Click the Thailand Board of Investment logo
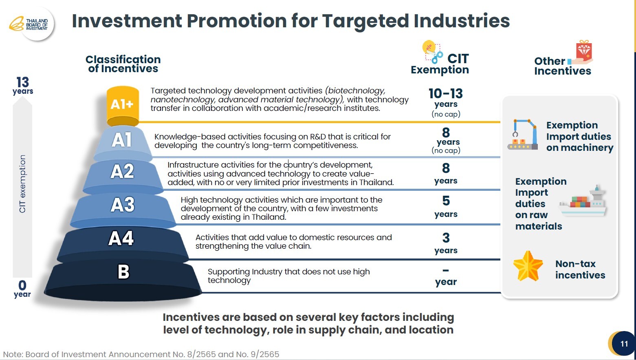pos(32,24)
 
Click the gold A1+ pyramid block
pos(122,104)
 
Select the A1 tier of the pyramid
pos(122,140)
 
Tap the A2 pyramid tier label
pos(122,172)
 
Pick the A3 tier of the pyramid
pos(122,205)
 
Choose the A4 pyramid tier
pos(121,239)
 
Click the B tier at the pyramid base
pos(123,272)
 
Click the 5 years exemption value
pos(446,206)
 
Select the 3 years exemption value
pos(446,243)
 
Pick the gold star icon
pos(528,266)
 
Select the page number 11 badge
pos(624,344)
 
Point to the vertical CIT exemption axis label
pos(22,183)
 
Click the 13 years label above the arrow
pos(23,86)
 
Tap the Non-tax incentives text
pos(580,269)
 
